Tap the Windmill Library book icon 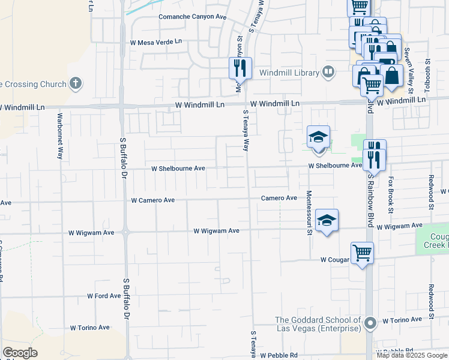click(x=328, y=73)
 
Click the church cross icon click(x=75, y=83)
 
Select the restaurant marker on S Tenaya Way click(x=240, y=67)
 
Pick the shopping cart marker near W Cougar click(x=363, y=253)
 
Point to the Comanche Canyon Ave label click(x=192, y=17)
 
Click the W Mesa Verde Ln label click(x=155, y=42)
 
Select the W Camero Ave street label click(x=152, y=200)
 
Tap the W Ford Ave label click(x=104, y=296)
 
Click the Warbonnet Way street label click(x=59, y=136)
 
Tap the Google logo click(x=20, y=353)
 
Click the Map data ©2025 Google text click(x=411, y=355)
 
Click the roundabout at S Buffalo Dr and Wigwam click(x=125, y=232)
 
